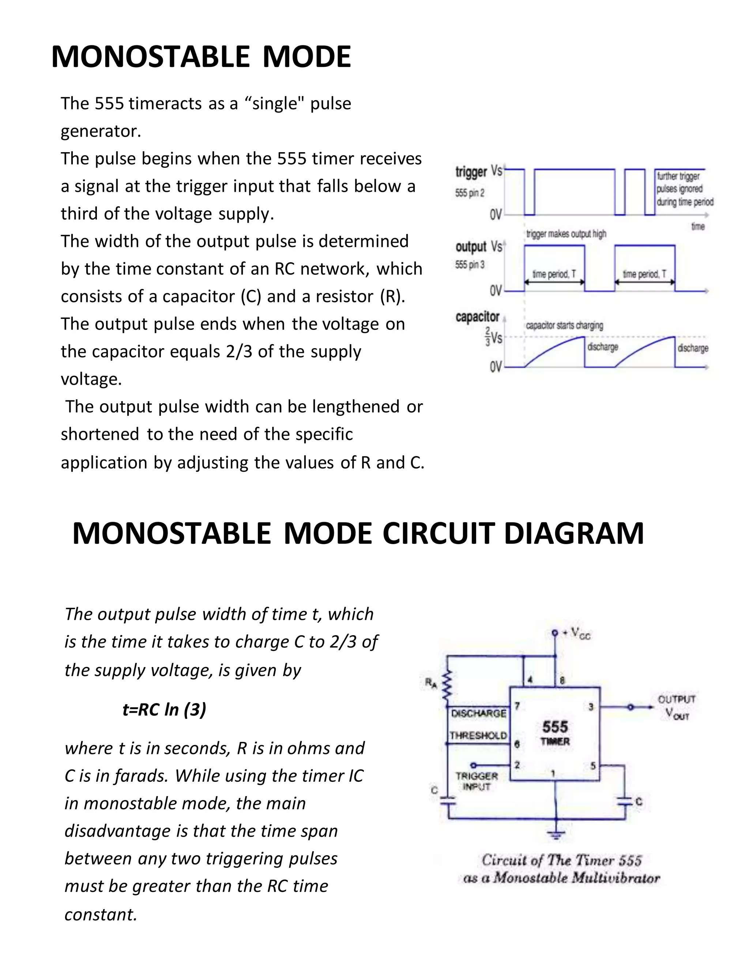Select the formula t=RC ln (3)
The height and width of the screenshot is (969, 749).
point(164,709)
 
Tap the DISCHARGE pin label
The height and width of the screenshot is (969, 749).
point(478,713)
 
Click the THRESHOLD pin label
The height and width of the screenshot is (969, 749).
point(478,736)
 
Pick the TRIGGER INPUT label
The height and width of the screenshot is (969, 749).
point(477,781)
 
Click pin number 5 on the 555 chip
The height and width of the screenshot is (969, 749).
point(593,766)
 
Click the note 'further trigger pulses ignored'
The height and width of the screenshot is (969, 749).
point(685,189)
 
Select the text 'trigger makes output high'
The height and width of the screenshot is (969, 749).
point(566,234)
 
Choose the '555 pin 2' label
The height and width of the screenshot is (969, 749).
point(470,193)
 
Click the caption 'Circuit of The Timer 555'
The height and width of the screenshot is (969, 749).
point(561,860)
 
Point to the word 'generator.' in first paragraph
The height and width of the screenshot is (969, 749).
point(101,131)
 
